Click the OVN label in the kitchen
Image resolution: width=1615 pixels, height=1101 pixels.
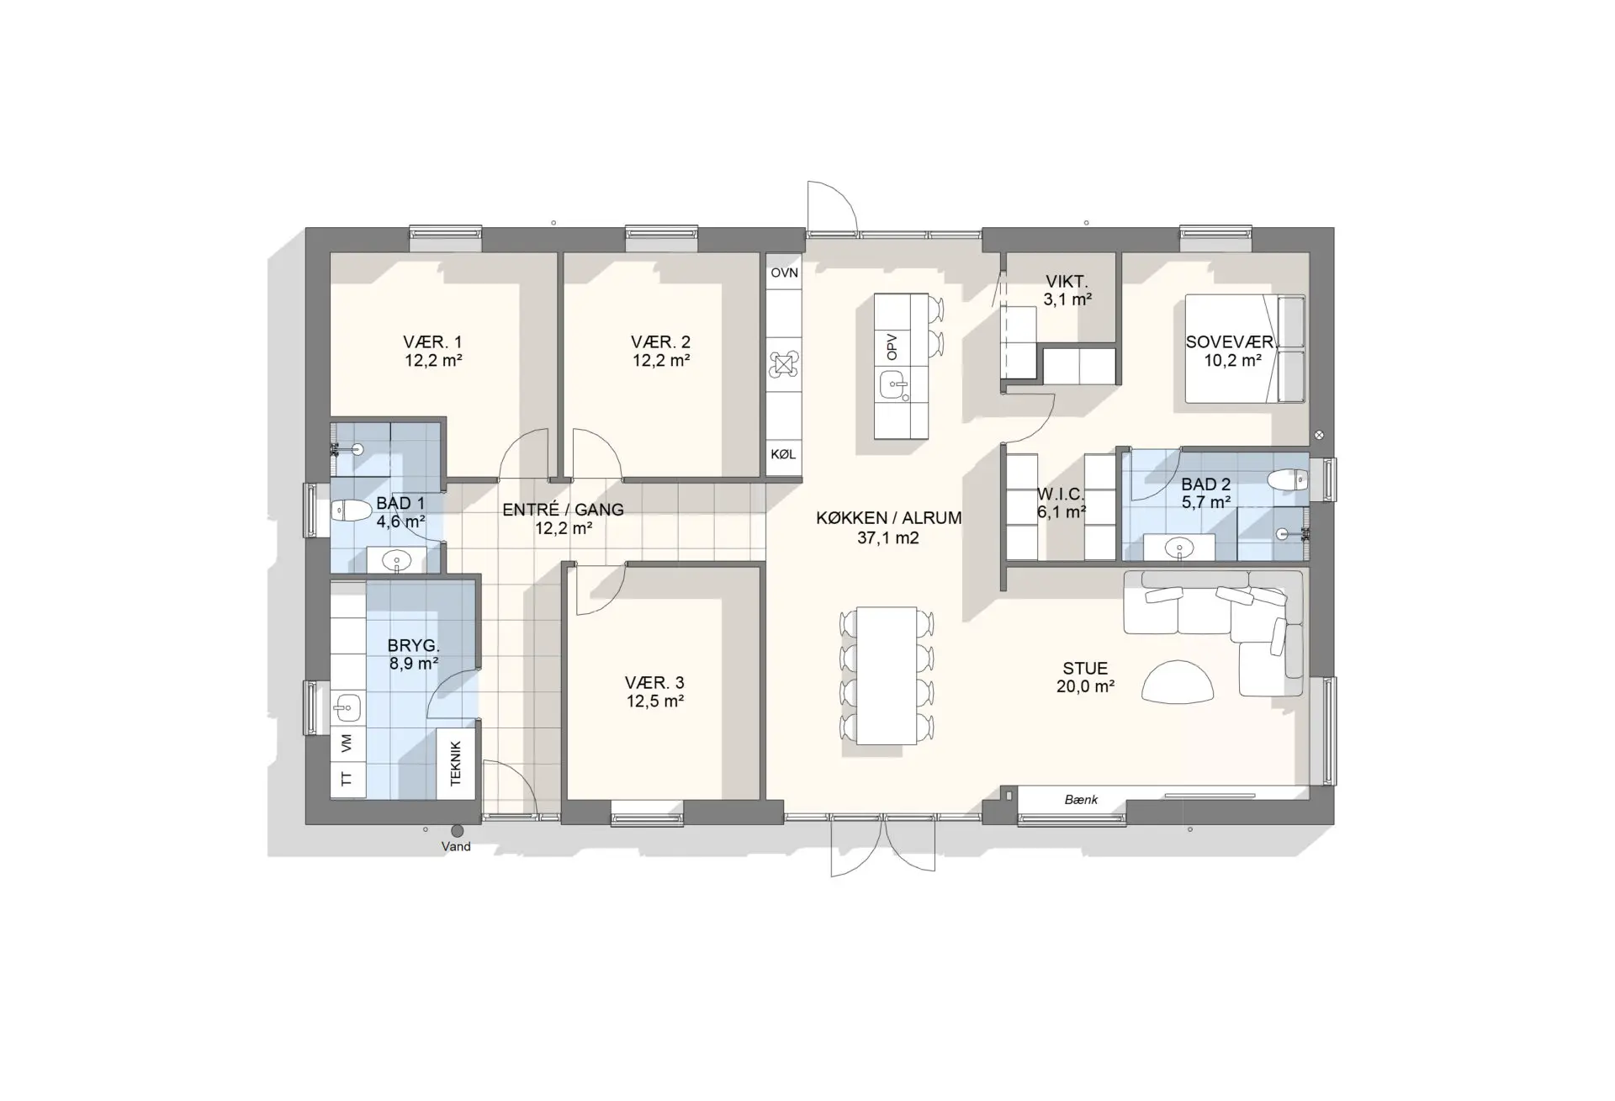[784, 273]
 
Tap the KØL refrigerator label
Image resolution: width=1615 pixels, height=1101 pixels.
[783, 454]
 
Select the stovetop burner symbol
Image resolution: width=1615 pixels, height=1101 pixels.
[783, 364]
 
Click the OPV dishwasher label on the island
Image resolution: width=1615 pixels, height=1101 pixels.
[892, 347]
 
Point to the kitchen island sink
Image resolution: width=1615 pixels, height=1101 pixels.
[892, 387]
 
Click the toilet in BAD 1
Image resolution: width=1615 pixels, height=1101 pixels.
[352, 510]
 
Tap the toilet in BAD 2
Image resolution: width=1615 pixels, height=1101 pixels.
[1288, 479]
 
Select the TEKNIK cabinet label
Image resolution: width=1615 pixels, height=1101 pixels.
[456, 763]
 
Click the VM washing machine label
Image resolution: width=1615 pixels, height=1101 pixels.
[347, 744]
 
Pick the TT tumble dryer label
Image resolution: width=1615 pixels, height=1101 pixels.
[347, 779]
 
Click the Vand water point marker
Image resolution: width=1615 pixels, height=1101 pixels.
[457, 831]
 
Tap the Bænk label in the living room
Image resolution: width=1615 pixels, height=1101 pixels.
[1081, 800]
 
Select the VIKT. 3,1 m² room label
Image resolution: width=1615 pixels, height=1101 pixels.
[1067, 290]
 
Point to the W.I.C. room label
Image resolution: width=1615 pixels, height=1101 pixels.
[1061, 494]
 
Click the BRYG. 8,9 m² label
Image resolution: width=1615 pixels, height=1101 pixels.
[413, 654]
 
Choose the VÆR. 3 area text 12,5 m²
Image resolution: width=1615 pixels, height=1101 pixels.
[654, 701]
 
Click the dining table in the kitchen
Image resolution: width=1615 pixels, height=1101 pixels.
[887, 675]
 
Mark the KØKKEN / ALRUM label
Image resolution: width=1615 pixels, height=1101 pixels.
[888, 518]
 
